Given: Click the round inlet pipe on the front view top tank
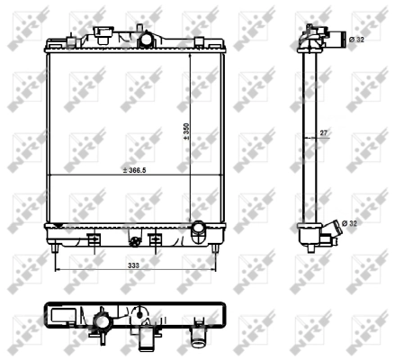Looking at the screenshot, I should tap(144, 40).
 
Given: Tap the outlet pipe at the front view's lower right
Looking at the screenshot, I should tap(198, 232).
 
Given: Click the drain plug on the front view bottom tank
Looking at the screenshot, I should tap(135, 240).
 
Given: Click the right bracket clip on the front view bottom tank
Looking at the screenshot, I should tap(155, 239).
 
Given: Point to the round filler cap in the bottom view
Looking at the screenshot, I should tap(101, 321).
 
